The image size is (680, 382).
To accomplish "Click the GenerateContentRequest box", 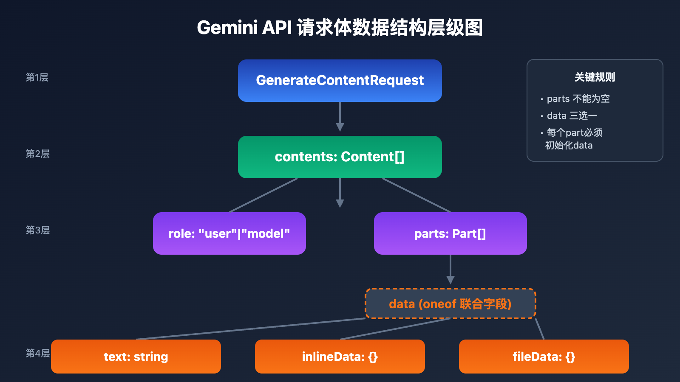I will (x=340, y=81).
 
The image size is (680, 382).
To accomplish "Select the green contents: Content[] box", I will (x=340, y=157).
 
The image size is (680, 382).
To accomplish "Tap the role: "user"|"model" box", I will (x=229, y=233).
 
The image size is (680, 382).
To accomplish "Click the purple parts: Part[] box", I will (x=450, y=233).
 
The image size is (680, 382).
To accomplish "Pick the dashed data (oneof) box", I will (x=450, y=304).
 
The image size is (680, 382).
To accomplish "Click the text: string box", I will (x=136, y=357).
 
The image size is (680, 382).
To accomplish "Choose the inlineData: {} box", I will (x=340, y=357).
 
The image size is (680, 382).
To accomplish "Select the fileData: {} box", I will (x=544, y=357).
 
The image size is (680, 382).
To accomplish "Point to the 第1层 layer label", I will (x=37, y=77).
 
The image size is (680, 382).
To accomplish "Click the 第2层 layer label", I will (x=37, y=154).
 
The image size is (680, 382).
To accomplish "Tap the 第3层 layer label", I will (x=37, y=230).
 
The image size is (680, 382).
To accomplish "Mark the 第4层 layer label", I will (x=37, y=353).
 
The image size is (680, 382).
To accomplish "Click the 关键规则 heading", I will (x=595, y=77).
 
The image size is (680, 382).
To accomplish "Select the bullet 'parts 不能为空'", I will (x=578, y=99).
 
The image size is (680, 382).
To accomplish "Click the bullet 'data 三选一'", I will (x=572, y=116).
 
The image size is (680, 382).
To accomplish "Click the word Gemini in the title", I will (x=227, y=28).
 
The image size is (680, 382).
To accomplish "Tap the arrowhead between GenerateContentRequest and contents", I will (x=340, y=127).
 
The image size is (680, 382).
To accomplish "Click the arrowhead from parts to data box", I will (x=450, y=280).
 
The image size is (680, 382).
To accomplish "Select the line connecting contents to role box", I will (x=263, y=195).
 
